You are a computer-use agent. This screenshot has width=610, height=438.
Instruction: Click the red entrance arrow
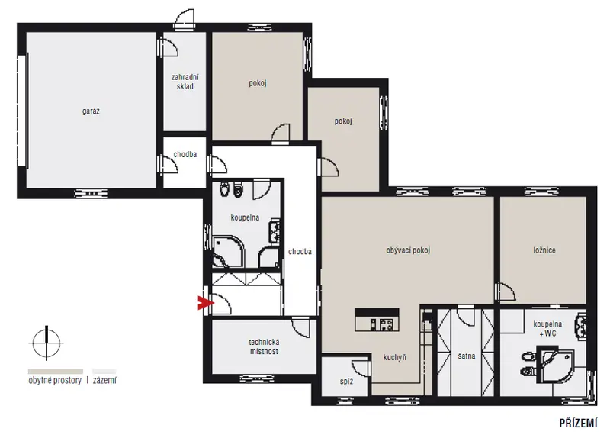tap(205, 303)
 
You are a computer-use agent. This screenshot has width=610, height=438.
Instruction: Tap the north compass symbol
tap(47, 343)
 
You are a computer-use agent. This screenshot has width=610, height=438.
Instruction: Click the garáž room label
tap(91, 111)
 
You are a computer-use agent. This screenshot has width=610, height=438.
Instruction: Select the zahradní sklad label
tap(185, 82)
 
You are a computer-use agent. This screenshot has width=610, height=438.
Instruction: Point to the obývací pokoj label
tap(408, 250)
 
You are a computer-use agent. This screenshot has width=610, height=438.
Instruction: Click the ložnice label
tap(544, 250)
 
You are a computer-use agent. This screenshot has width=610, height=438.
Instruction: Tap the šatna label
tap(467, 356)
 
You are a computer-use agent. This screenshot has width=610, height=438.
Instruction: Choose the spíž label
tap(346, 382)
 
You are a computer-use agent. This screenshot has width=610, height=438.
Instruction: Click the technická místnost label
tap(264, 346)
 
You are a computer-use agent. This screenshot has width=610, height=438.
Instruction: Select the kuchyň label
tap(394, 357)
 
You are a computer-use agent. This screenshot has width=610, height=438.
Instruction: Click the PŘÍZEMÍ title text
tap(578, 423)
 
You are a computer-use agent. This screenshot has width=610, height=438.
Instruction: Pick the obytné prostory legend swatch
tap(55, 372)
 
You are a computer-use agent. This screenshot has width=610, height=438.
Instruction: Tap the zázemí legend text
tap(104, 380)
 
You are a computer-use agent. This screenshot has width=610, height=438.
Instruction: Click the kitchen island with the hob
tap(377, 320)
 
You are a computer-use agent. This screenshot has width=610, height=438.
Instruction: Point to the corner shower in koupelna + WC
tap(554, 364)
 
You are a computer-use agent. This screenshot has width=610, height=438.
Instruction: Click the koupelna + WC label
tap(547, 329)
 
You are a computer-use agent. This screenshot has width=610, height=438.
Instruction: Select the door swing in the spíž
tap(361, 368)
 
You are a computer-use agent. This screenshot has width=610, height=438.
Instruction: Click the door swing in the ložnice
tap(506, 291)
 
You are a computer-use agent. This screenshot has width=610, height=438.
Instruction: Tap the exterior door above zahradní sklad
tap(184, 20)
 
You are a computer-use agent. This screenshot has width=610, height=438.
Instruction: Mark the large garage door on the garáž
tap(22, 111)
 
